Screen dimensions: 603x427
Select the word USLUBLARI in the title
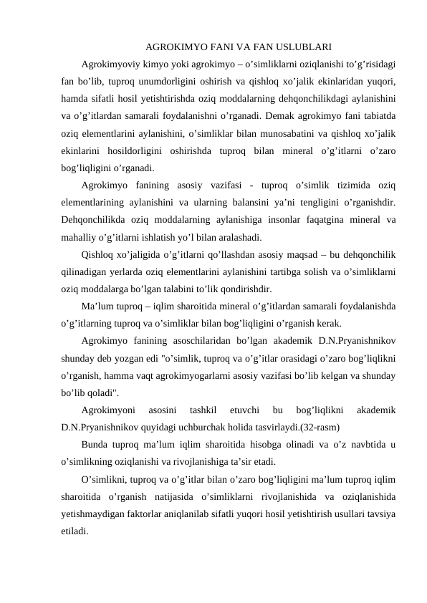coord(301,49)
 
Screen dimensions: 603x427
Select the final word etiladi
coord(75,531)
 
